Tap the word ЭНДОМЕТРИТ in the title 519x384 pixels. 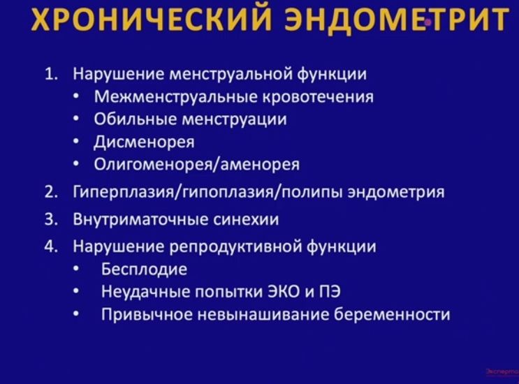coord(395,22)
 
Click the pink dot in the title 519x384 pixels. coord(427,22)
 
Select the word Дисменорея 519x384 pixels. coord(144,142)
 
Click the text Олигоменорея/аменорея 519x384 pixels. coord(196,165)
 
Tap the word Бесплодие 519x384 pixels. coord(145,269)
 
